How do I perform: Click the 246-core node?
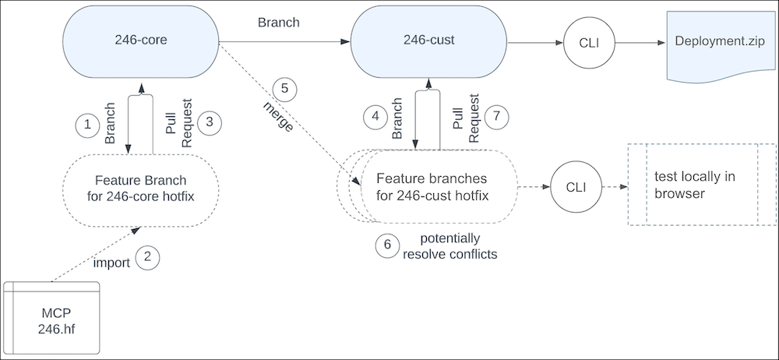point(141,41)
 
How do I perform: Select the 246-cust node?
point(428,41)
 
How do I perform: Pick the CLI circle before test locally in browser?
point(576,188)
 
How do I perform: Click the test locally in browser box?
point(702,185)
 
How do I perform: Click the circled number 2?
point(147,256)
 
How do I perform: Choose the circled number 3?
point(209,123)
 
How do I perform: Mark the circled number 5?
point(284,89)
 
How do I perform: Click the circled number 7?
point(496,117)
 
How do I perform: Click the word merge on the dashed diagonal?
point(279,117)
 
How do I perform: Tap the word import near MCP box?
point(111,263)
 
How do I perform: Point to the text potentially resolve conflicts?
point(450,246)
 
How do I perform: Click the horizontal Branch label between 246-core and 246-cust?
point(279,23)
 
